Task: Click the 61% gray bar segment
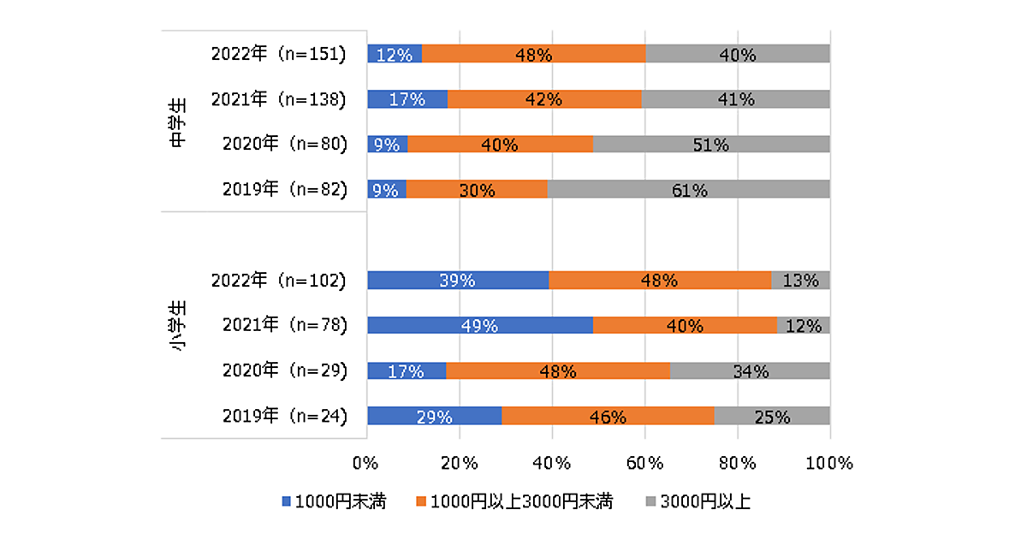pyautogui.click(x=688, y=190)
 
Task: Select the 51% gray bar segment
pyautogui.click(x=711, y=145)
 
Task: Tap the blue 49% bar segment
pyautogui.click(x=480, y=325)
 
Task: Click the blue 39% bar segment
pyautogui.click(x=458, y=280)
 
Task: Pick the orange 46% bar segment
pyautogui.click(x=608, y=417)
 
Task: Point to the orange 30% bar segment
pyautogui.click(x=477, y=190)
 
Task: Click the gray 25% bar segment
pyautogui.click(x=772, y=417)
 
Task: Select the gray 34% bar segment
pyautogui.click(x=750, y=371)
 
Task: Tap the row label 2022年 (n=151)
pyautogui.click(x=278, y=54)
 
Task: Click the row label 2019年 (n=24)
pyautogui.click(x=283, y=417)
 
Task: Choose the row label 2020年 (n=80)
pyautogui.click(x=283, y=145)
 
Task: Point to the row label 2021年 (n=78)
pyautogui.click(x=283, y=325)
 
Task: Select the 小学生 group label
pyautogui.click(x=178, y=326)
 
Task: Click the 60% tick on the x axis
pyautogui.click(x=645, y=463)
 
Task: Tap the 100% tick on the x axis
pyautogui.click(x=829, y=463)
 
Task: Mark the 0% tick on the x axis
pyautogui.click(x=367, y=463)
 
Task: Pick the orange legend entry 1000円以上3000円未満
pyautogui.click(x=514, y=502)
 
